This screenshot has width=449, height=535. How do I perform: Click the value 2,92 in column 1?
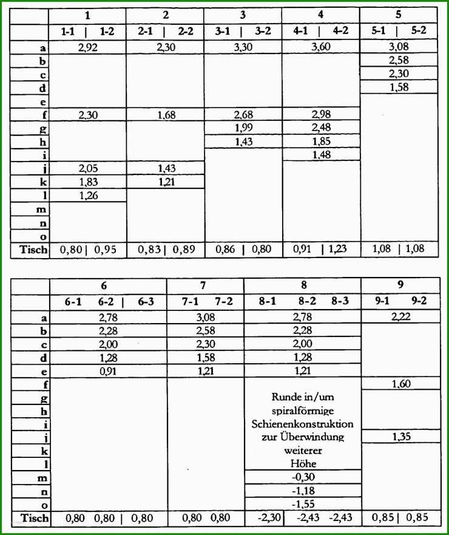[88, 47]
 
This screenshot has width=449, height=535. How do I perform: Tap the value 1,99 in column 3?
[243, 127]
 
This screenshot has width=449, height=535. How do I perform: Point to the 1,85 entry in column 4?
[321, 141]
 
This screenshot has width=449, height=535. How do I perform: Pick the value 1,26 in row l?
[88, 195]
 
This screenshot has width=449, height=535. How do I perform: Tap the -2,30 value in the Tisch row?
[267, 517]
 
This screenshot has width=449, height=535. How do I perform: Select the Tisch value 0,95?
[106, 248]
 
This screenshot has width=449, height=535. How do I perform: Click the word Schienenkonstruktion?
[302, 423]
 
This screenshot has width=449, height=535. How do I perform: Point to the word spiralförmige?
[302, 410]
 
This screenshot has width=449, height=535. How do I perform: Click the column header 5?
[399, 13]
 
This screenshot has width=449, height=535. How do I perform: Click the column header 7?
[205, 284]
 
